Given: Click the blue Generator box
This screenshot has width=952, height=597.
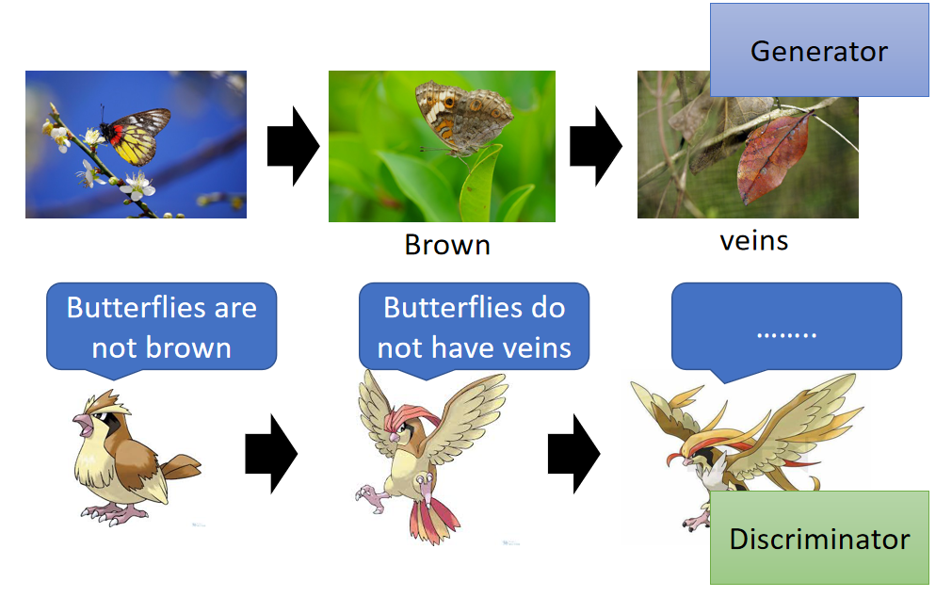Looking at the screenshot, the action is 819,50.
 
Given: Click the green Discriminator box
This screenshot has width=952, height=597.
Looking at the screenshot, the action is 819,538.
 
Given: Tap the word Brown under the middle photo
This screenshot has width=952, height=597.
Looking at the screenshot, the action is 447,246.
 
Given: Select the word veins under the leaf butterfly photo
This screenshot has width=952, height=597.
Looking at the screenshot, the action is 754,241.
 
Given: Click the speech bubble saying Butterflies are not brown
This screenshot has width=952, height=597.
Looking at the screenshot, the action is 162,328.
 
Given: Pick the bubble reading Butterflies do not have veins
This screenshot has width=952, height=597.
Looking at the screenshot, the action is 475,328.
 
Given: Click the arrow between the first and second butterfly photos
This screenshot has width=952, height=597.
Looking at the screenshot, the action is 293,146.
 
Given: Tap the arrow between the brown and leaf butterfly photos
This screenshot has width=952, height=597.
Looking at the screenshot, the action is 596,146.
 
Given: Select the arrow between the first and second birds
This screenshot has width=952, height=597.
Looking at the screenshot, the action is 271,454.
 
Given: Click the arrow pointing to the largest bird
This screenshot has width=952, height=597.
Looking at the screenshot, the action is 573,454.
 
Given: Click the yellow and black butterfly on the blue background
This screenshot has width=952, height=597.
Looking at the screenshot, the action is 135,136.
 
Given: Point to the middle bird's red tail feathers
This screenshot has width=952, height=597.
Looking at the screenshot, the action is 434,519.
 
